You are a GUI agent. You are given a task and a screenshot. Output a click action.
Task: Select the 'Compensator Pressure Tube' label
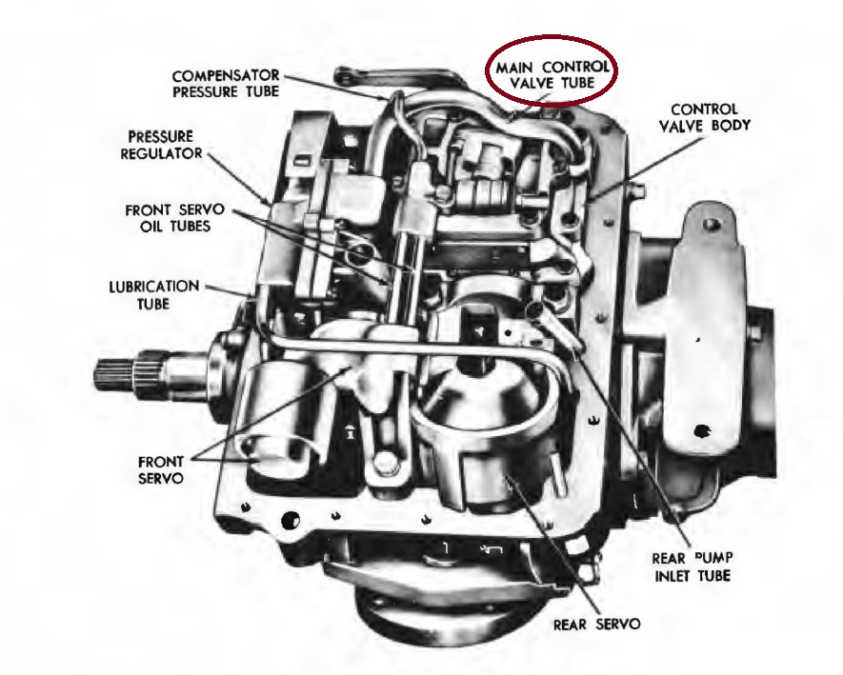point(225,83)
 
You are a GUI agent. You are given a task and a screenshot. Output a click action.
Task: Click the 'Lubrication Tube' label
point(154,293)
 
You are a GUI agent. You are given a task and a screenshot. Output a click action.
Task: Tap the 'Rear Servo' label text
point(596,625)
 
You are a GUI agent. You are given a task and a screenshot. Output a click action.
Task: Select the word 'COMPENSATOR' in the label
point(225,74)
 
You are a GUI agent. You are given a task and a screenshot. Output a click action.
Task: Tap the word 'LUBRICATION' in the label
point(154,286)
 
